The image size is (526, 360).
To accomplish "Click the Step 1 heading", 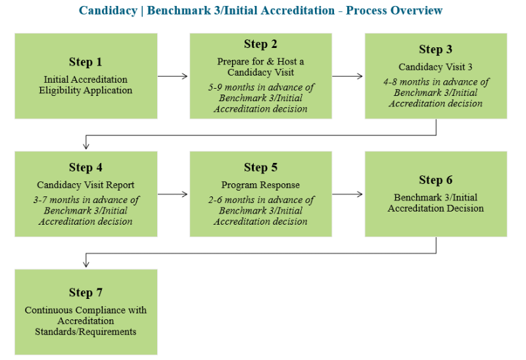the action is (85, 62).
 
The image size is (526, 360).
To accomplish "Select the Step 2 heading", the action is (260, 44).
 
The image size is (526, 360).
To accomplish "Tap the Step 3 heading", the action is (435, 50).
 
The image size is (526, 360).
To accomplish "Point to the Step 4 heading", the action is (85, 168).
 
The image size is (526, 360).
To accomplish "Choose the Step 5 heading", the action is (260, 168).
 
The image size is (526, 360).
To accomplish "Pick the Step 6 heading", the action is (435, 180).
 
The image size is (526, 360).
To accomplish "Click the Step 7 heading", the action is (85, 292).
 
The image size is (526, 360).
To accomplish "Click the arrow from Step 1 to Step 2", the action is (172, 76).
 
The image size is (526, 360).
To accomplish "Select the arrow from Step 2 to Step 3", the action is (347, 76).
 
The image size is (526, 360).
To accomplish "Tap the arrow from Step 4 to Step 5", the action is (172, 194).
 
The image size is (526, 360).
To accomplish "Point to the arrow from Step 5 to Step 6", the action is (347, 194).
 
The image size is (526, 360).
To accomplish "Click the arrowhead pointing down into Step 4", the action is (86, 146).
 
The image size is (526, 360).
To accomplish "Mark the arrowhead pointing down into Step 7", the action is (86, 264).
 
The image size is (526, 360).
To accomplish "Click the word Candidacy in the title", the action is (108, 11).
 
